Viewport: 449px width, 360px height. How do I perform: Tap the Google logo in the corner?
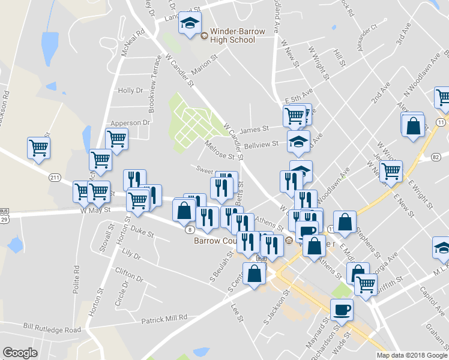pyautogui.click(x=20, y=353)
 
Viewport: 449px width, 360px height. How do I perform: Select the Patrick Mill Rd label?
pyautogui.click(x=164, y=319)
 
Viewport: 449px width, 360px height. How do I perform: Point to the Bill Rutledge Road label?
pyautogui.click(x=52, y=329)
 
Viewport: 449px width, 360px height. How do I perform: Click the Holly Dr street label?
pyautogui.click(x=130, y=91)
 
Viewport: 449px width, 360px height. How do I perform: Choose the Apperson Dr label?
pyautogui.click(x=128, y=122)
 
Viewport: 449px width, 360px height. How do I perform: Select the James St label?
pyautogui.click(x=253, y=129)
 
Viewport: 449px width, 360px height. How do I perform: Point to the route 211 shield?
pyautogui.click(x=55, y=178)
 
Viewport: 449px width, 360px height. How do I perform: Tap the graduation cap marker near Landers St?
pyautogui.click(x=191, y=24)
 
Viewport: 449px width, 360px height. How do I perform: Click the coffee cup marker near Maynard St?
pyautogui.click(x=342, y=310)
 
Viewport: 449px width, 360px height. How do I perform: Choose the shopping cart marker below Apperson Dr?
pyautogui.click(x=116, y=139)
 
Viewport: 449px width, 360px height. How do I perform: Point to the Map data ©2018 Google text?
pyautogui.click(x=412, y=355)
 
